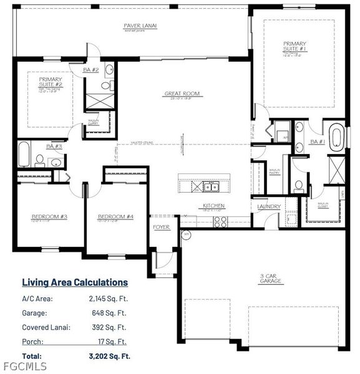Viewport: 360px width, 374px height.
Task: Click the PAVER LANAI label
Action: point(140,26)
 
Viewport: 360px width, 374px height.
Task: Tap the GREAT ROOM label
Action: point(182,94)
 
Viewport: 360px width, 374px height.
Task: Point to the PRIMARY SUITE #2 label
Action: point(50,82)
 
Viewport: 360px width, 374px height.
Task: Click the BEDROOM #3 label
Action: point(49,217)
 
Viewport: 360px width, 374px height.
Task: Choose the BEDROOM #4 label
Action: point(116,217)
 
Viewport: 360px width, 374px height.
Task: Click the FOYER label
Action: point(161,227)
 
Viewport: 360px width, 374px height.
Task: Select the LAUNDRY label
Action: point(268,206)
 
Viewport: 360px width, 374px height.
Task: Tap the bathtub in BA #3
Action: point(24,155)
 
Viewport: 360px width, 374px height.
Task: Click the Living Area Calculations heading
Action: point(75,282)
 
